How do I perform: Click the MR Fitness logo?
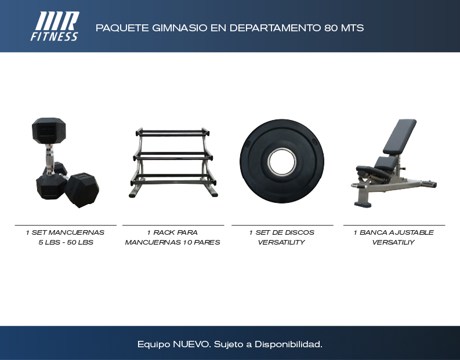coord(55,26)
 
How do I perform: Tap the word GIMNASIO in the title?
coord(180,28)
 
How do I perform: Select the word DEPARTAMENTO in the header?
coord(275,28)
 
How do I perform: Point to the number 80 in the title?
coord(331,28)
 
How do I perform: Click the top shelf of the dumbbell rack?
coord(172,132)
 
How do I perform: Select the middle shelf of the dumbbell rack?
coord(172,155)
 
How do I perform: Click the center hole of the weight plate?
coord(282,162)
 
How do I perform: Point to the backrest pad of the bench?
coord(400,136)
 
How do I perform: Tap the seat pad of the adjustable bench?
coord(387,163)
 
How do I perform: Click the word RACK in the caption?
coord(164,232)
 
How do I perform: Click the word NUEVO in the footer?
coord(191,344)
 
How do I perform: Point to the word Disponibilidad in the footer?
coord(288,344)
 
